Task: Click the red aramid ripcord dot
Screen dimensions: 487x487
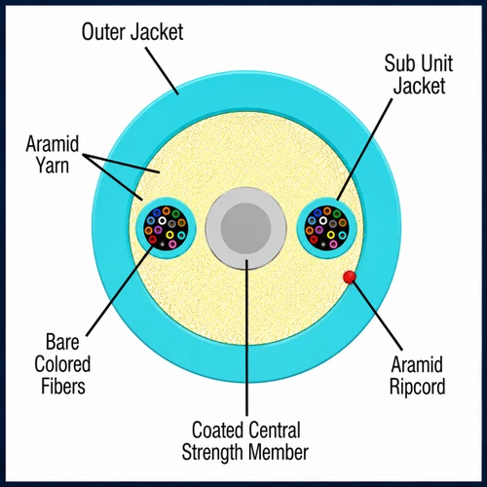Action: [x=350, y=277]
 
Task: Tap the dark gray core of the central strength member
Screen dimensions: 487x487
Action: [x=245, y=228]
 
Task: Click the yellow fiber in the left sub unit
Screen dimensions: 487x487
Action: [x=169, y=235]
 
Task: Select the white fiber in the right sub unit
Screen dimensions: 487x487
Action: [x=323, y=221]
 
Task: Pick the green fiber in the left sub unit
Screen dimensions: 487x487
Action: [x=175, y=214]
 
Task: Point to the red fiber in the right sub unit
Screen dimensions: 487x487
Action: [x=314, y=240]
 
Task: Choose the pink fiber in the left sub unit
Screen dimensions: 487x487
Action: [x=172, y=243]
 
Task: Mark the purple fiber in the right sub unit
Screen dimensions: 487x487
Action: [x=319, y=230]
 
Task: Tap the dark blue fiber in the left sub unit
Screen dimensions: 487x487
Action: [x=157, y=213]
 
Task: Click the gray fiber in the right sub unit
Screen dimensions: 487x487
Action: [x=333, y=224]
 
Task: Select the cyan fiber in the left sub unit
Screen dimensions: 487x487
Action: [x=181, y=236]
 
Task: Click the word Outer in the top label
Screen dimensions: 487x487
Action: [x=103, y=32]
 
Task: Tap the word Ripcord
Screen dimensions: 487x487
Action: [x=418, y=387]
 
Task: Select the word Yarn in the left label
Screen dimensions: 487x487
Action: [x=53, y=165]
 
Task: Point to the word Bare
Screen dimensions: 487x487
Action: [x=62, y=342]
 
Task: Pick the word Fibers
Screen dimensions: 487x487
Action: [x=63, y=386]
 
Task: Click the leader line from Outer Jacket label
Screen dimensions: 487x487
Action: [x=162, y=71]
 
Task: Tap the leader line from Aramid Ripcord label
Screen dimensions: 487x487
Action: [x=378, y=316]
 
